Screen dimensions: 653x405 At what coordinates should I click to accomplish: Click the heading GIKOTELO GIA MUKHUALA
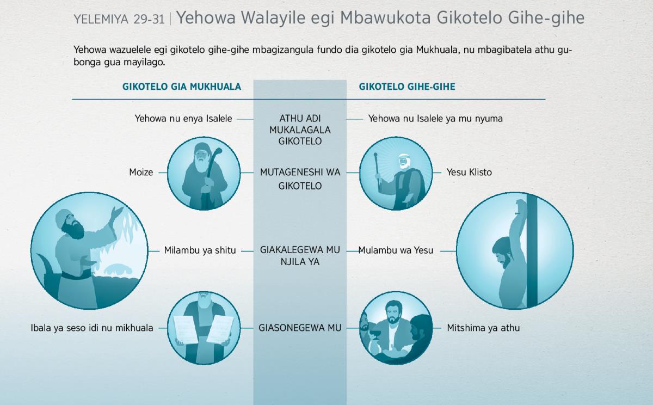182,87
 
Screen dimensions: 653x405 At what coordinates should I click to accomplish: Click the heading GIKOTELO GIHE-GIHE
407,87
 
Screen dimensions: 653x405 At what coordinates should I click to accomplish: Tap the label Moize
141,173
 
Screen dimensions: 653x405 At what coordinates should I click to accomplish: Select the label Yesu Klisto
469,173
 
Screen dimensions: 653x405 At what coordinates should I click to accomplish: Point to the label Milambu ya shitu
200,250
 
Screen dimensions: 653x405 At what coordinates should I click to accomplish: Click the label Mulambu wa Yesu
396,250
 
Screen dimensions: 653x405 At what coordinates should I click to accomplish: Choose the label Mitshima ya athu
483,328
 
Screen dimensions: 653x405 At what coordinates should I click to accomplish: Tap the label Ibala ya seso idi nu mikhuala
92,328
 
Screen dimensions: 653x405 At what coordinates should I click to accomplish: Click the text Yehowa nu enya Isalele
183,119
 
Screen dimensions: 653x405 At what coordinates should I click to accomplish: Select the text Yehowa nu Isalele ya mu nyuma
435,119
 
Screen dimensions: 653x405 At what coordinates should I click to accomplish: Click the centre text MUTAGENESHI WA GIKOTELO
300,179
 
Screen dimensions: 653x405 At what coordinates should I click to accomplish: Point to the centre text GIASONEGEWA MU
300,328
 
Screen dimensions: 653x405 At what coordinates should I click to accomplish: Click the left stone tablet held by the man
186,329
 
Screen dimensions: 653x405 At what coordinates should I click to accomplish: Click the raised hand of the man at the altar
118,212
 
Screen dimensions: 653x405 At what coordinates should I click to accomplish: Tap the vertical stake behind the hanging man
532,251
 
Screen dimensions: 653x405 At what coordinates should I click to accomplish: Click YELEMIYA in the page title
101,20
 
